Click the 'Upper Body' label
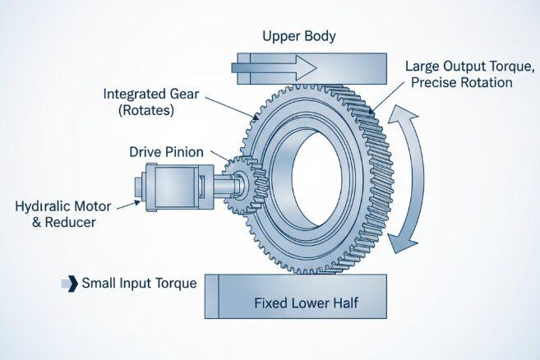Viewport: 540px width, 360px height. click(x=299, y=36)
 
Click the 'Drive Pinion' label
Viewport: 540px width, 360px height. click(x=167, y=152)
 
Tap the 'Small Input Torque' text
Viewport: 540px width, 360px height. click(x=139, y=284)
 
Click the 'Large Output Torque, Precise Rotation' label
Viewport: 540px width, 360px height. click(x=469, y=74)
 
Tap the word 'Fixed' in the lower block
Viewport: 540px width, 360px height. click(x=269, y=304)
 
